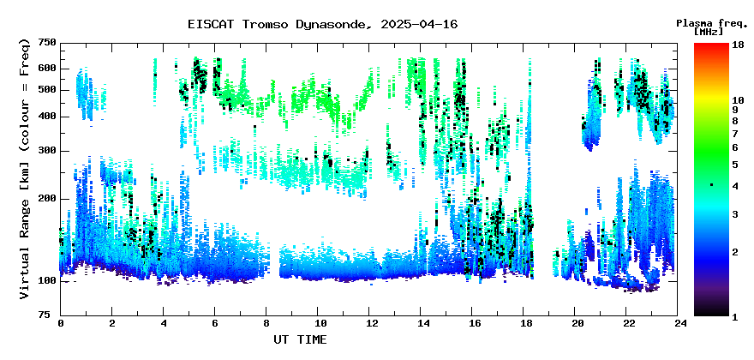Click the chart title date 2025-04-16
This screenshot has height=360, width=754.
(x=419, y=24)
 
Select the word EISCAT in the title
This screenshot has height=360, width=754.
(x=211, y=24)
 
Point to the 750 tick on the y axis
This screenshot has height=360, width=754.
(x=49, y=44)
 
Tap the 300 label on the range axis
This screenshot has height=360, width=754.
(x=49, y=151)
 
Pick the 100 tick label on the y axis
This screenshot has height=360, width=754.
(x=49, y=280)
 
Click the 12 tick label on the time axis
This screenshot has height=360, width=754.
(x=368, y=322)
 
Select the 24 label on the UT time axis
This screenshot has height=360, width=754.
(x=678, y=322)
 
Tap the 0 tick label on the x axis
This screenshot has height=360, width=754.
(x=61, y=322)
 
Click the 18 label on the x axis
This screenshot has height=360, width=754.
(x=524, y=322)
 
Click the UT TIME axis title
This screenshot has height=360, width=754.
(x=300, y=339)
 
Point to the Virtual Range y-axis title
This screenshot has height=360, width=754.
(x=25, y=169)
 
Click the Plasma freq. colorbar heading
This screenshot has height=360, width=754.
(x=712, y=23)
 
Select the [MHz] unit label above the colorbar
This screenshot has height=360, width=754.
(x=709, y=31)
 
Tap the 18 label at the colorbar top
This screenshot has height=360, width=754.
(x=738, y=44)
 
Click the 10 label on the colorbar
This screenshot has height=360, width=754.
(x=738, y=100)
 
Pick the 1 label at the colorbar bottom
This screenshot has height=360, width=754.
(x=735, y=316)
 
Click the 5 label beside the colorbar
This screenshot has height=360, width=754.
(x=735, y=165)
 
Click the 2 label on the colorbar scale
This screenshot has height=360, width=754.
(x=735, y=252)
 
